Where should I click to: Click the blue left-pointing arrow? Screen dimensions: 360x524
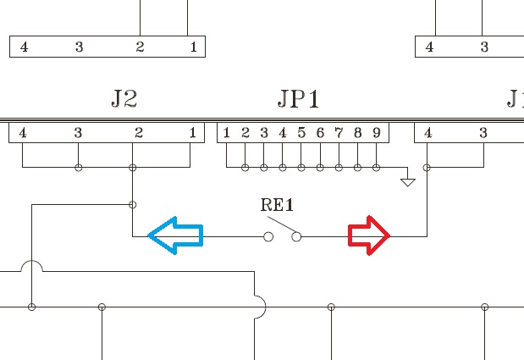[175, 236]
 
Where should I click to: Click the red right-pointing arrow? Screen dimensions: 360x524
[369, 236]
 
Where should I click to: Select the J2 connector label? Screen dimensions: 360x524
[124, 99]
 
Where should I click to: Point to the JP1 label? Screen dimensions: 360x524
[299, 99]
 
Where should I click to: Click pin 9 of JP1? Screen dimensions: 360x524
[376, 132]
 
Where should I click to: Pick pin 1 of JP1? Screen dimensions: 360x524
[227, 132]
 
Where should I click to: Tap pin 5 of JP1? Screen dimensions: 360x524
[301, 132]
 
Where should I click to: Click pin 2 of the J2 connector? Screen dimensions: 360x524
[139, 132]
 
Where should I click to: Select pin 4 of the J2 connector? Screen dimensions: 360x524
[23, 132]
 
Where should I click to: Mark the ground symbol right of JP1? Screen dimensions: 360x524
[408, 180]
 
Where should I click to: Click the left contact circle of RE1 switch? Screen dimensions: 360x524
[268, 237]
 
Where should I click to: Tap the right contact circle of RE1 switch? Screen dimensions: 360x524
[296, 237]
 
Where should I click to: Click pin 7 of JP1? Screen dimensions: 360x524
[339, 132]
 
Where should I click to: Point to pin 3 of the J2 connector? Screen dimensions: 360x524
[78, 132]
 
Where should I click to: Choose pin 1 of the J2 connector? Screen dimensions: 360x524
[193, 132]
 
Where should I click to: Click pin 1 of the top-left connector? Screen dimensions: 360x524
[193, 47]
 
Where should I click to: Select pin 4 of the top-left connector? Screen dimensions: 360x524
[23, 47]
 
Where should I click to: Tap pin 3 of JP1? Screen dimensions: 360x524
[264, 132]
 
